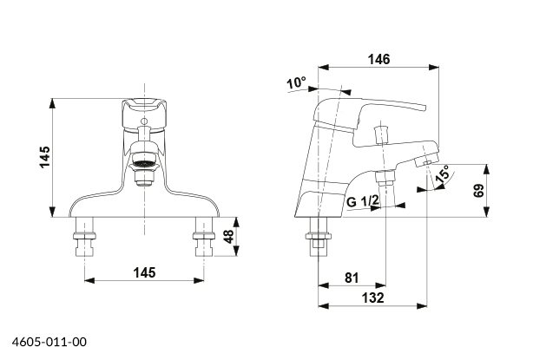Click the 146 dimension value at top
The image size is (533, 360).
pyautogui.click(x=378, y=60)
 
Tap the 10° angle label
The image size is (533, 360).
pyautogui.click(x=297, y=82)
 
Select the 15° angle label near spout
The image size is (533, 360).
pyautogui.click(x=443, y=175)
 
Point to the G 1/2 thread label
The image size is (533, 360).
pyautogui.click(x=364, y=202)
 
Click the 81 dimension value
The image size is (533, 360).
pyautogui.click(x=352, y=278)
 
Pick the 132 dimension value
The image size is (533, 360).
pyautogui.click(x=372, y=298)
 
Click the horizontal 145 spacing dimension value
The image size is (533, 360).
pyautogui.click(x=145, y=272)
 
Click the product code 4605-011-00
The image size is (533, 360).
pyautogui.click(x=49, y=344)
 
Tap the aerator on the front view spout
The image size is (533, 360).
pyautogui.click(x=143, y=166)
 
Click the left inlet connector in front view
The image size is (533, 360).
pyautogui.click(x=84, y=237)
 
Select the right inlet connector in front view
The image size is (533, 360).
pyautogui.click(x=204, y=237)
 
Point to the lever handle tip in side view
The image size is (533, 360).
pyautogui.click(x=423, y=108)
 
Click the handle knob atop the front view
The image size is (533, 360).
pyautogui.click(x=144, y=108)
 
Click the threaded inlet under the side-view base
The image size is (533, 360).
pyautogui.click(x=319, y=238)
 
